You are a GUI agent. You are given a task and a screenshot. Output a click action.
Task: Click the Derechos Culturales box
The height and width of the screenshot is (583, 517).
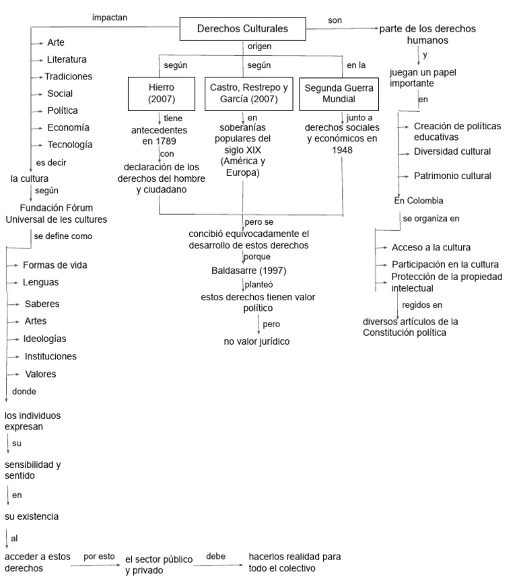pyautogui.click(x=242, y=29)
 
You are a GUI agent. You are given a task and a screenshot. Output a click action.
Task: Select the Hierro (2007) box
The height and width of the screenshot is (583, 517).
pyautogui.click(x=161, y=94)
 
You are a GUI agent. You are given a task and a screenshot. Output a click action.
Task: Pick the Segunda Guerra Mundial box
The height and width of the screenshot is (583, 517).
pyautogui.click(x=337, y=94)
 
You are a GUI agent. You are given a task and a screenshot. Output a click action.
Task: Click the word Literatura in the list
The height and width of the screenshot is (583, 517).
pyautogui.click(x=67, y=59)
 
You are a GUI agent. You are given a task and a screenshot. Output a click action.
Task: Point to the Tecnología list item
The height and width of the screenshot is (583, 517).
pyautogui.click(x=70, y=144)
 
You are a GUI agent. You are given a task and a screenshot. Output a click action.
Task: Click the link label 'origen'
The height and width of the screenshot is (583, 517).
pyautogui.click(x=260, y=47)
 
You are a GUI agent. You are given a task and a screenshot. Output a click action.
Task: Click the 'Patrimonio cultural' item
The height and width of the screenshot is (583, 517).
pyautogui.click(x=452, y=176)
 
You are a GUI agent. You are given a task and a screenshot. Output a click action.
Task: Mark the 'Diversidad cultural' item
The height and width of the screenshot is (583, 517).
pyautogui.click(x=452, y=151)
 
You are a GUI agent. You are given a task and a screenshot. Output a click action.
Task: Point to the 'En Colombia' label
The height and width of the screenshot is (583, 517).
pyautogui.click(x=419, y=200)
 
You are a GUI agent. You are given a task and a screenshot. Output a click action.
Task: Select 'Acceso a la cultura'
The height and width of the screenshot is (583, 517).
pyautogui.click(x=431, y=247)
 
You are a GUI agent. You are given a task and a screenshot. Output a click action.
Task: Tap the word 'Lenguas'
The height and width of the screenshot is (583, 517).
pyautogui.click(x=40, y=282)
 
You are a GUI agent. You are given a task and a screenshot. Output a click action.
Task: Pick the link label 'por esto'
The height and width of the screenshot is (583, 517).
pyautogui.click(x=99, y=557)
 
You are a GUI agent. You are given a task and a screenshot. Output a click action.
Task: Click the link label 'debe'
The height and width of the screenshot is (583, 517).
pyautogui.click(x=215, y=556)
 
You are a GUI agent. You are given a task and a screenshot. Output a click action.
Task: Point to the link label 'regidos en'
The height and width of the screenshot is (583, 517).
pyautogui.click(x=422, y=304)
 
